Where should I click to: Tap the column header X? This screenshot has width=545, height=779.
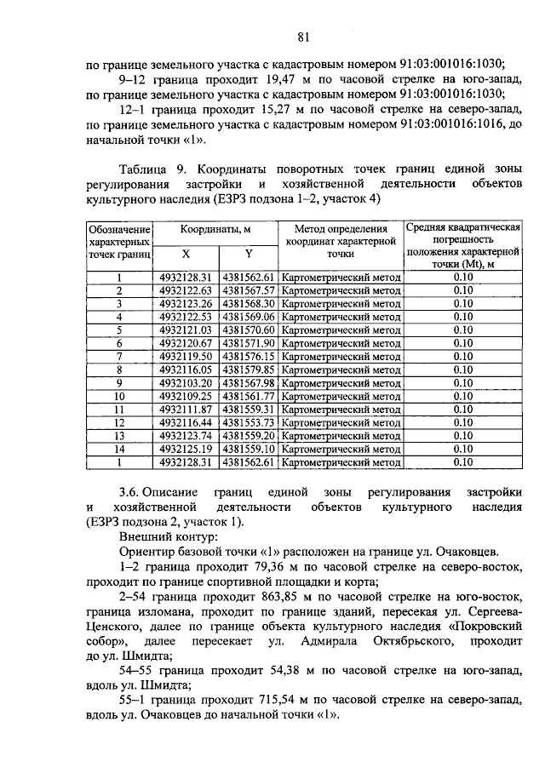pyautogui.click(x=186, y=254)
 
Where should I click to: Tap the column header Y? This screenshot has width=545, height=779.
pyautogui.click(x=249, y=254)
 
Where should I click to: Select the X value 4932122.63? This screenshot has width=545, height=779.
pyautogui.click(x=185, y=290)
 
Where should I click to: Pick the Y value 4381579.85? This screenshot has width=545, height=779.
pyautogui.click(x=248, y=370)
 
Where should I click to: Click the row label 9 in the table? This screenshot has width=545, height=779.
pyautogui.click(x=119, y=383)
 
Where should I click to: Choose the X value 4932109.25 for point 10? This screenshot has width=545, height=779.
pyautogui.click(x=185, y=397)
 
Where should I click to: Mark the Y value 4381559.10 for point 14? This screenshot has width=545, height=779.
pyautogui.click(x=248, y=449)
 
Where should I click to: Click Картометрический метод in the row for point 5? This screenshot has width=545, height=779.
pyautogui.click(x=340, y=330)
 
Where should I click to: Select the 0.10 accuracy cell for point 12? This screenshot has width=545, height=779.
pyautogui.click(x=462, y=422)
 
